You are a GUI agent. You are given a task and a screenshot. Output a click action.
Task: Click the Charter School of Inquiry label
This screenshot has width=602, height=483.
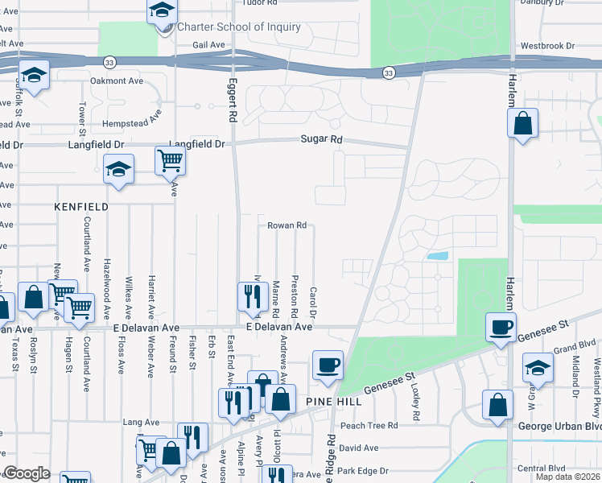(239, 27)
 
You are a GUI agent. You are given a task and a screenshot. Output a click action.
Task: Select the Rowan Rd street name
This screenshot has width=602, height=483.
(287, 226)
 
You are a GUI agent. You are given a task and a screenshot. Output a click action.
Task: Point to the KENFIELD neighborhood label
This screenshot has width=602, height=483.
(81, 207)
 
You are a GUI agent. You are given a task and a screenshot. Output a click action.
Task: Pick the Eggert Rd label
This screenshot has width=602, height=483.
(231, 99)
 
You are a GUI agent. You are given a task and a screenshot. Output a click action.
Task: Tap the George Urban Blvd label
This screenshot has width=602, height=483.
(560, 425)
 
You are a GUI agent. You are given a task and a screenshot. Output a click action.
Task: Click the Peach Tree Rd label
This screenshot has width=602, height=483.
(369, 425)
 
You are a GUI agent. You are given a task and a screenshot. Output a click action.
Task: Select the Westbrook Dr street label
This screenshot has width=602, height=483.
(548, 47)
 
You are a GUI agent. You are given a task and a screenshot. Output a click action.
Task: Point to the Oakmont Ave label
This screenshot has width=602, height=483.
(117, 80)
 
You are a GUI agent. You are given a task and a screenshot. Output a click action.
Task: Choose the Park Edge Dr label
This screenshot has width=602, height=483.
(363, 471)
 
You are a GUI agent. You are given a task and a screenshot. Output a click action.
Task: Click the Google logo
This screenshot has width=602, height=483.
(27, 473)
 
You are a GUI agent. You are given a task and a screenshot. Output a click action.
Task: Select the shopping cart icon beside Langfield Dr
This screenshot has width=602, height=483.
(171, 160)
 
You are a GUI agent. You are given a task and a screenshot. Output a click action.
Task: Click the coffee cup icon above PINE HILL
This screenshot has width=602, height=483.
(328, 365)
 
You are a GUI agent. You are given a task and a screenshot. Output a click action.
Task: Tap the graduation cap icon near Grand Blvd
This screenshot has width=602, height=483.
(538, 368)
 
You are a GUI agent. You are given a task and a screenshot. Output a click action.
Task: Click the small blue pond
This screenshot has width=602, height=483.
(439, 256)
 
